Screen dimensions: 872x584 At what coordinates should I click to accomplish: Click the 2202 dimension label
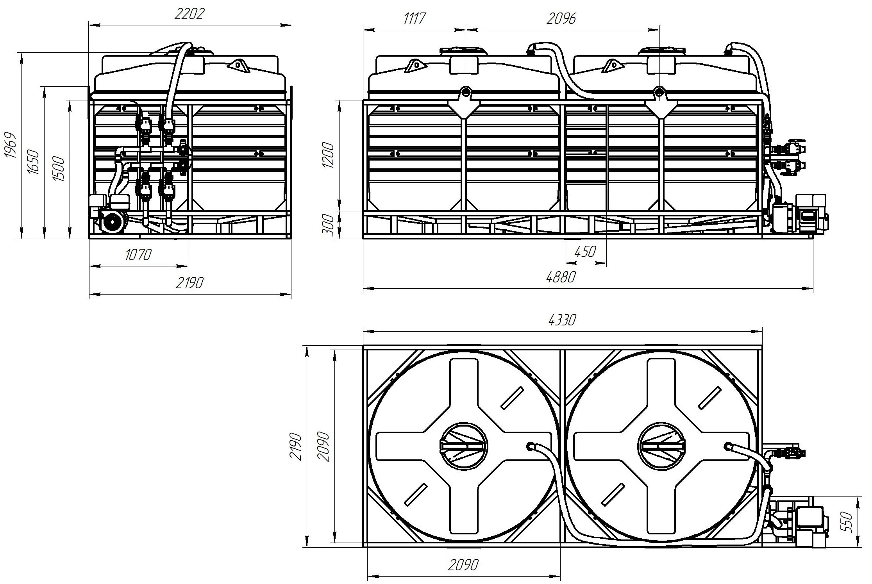[189, 14]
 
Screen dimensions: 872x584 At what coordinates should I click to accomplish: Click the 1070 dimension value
[138, 255]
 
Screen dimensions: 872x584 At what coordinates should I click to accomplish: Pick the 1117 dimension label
[414, 18]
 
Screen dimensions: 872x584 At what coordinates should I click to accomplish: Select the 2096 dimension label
[561, 18]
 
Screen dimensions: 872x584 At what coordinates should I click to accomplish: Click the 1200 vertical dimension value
[329, 155]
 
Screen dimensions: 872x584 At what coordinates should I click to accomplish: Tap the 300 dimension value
[329, 225]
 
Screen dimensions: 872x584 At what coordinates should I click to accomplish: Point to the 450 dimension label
[585, 252]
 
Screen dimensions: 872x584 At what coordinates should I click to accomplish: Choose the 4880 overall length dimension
[561, 277]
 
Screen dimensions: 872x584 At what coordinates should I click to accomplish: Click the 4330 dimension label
[562, 320]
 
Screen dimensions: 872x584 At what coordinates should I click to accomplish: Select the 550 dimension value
[848, 521]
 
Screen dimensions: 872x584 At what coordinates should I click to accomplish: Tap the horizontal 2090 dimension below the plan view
[463, 564]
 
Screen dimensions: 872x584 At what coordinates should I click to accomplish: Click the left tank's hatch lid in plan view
[464, 446]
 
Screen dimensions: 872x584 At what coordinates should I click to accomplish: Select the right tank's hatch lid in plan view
[661, 446]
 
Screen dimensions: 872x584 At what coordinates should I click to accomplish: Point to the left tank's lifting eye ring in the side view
[465, 92]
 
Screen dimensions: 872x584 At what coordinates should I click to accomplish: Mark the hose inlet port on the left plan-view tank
[531, 446]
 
